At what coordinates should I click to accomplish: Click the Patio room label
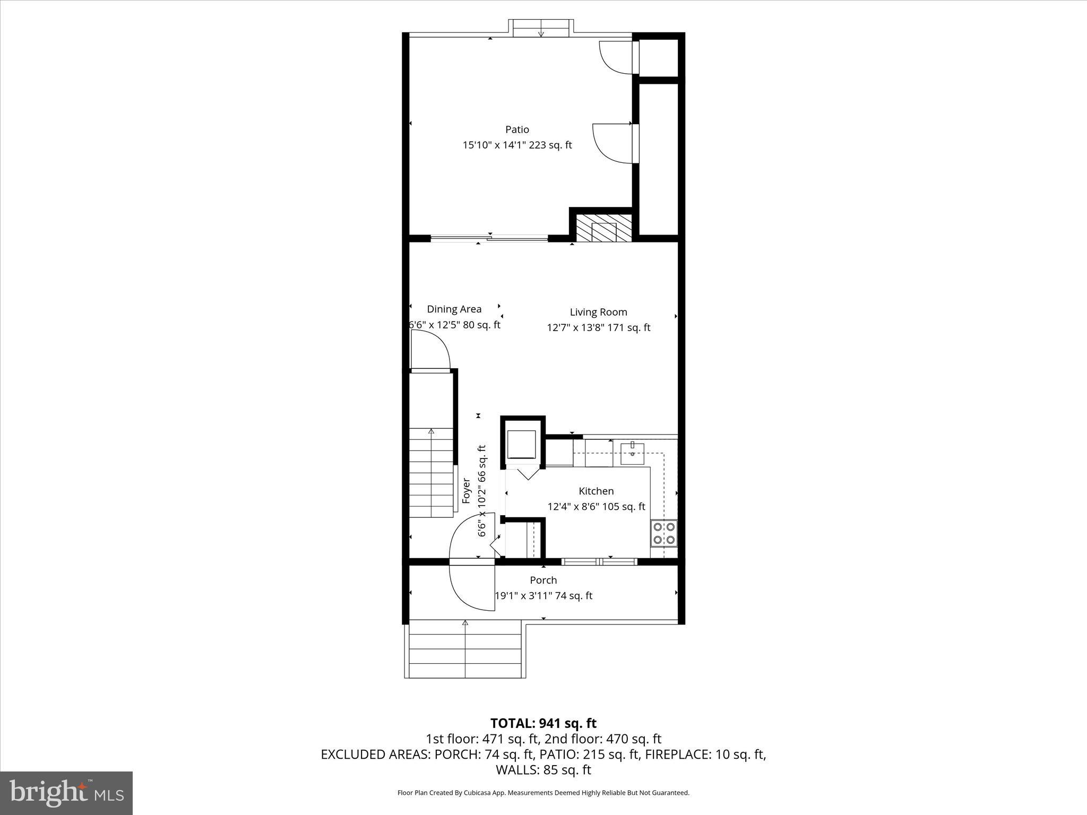pos(517,129)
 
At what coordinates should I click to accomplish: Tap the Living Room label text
pos(598,313)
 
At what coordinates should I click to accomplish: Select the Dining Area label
pos(454,309)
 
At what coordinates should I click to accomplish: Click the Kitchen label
pos(596,491)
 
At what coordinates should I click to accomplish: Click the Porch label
pos(543,580)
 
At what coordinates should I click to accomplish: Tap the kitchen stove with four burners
pos(664,533)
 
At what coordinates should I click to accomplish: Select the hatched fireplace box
pos(605,228)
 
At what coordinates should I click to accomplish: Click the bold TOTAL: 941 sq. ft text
pos(543,723)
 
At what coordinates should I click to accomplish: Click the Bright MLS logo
pos(66,793)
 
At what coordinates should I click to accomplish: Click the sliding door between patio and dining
pos(489,239)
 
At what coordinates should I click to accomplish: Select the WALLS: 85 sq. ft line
pos(543,769)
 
